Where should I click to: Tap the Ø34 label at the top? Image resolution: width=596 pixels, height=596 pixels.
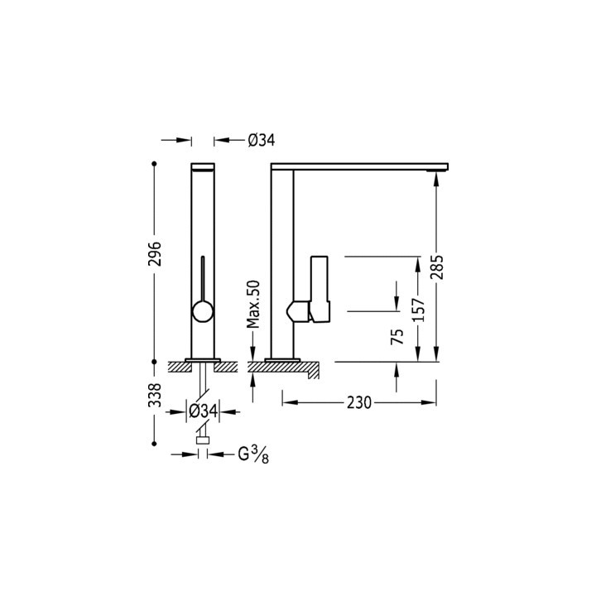click(x=261, y=141)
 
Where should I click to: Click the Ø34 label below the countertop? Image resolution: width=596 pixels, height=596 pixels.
click(x=203, y=411)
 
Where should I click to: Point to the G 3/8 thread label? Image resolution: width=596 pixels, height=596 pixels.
click(x=252, y=454)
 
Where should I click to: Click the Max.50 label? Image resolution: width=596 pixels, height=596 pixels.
click(x=255, y=304)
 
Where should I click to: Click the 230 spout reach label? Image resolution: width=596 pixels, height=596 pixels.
click(x=358, y=403)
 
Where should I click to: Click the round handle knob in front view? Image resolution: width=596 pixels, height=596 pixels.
click(x=202, y=311)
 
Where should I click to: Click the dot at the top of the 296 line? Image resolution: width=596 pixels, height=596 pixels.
click(x=154, y=163)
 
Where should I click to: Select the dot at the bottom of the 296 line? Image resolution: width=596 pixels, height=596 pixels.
click(x=154, y=361)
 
